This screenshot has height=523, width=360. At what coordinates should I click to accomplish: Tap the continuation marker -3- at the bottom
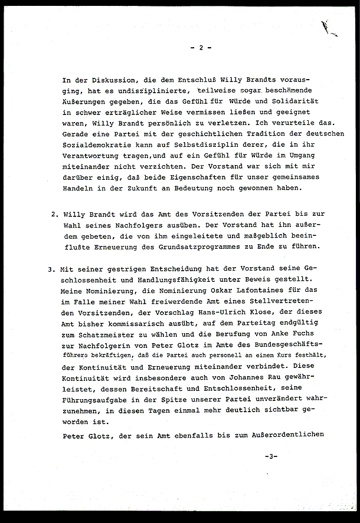click(271, 456)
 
